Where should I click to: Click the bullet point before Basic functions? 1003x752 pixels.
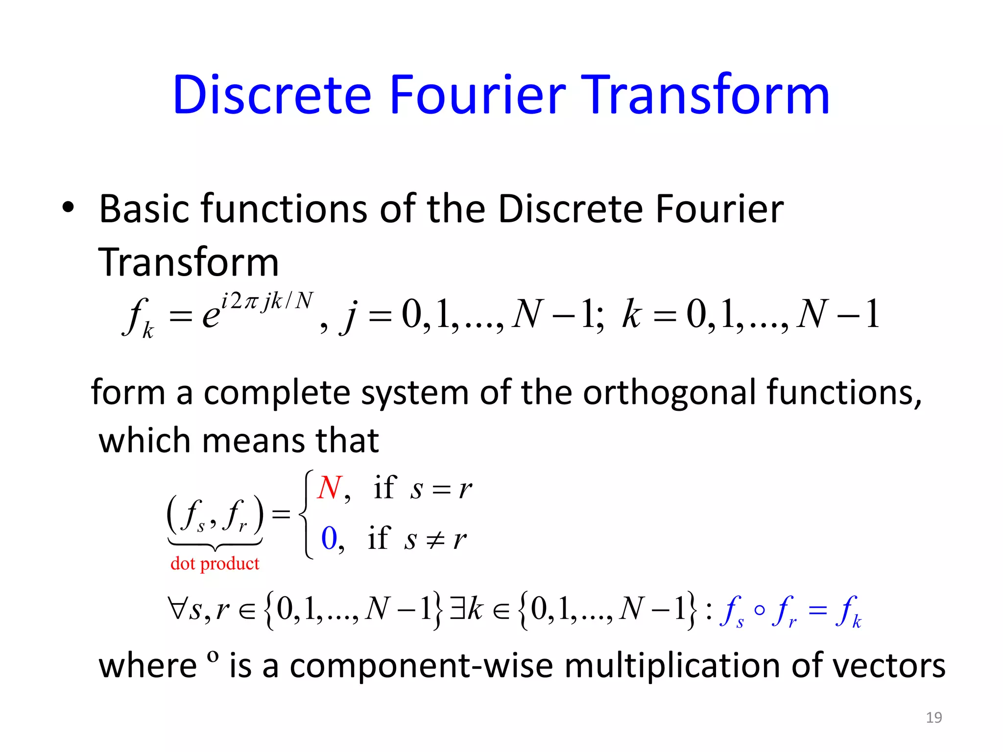coord(68,208)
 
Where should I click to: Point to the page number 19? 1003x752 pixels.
coord(934,717)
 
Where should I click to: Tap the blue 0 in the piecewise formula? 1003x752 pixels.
coord(329,538)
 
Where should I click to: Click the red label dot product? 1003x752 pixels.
coord(215,564)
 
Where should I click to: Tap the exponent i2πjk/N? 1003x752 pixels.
coord(267,301)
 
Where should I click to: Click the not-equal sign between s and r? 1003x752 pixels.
coord(435,539)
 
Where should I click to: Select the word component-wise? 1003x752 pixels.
coord(421,666)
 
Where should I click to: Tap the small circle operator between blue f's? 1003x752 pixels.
coord(760,610)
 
